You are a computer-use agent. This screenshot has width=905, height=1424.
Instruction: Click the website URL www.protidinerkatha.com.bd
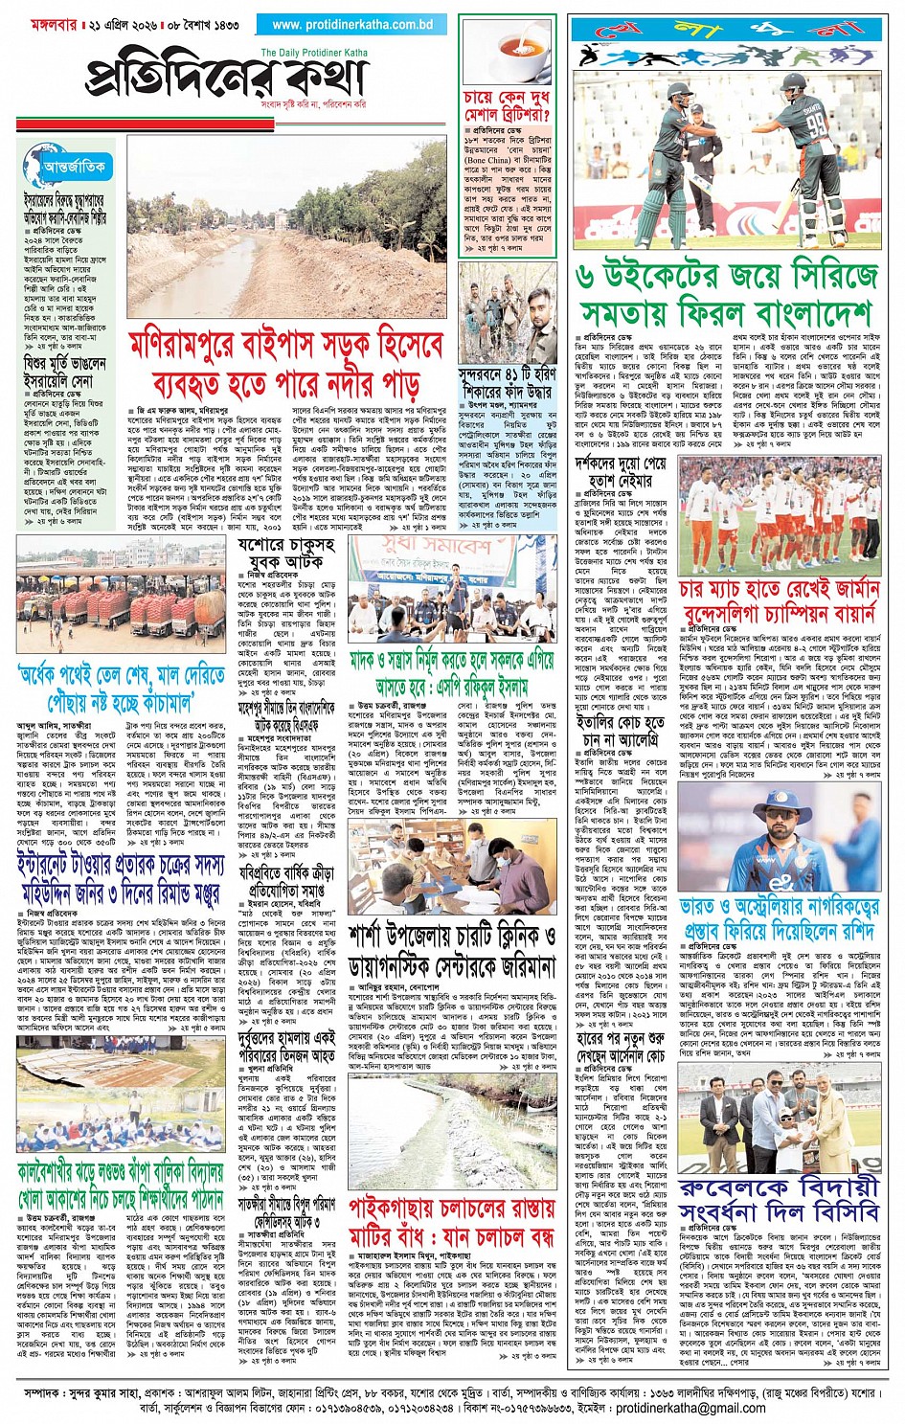pyautogui.click(x=351, y=25)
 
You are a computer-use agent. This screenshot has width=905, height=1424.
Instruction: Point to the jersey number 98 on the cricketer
pyautogui.click(x=816, y=124)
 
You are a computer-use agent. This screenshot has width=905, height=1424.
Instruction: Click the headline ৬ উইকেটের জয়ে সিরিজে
pyautogui.click(x=727, y=277)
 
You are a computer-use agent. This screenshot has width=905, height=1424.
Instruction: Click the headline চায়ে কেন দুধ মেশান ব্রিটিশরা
pyautogui.click(x=507, y=108)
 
